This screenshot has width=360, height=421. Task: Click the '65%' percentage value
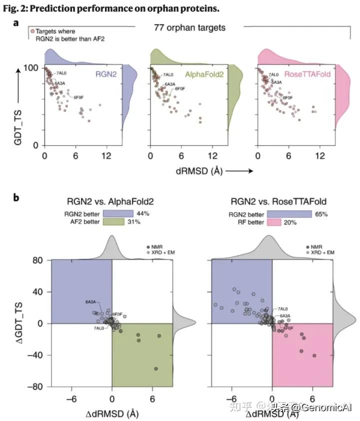306,213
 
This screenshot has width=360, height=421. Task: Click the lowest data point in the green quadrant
155,368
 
